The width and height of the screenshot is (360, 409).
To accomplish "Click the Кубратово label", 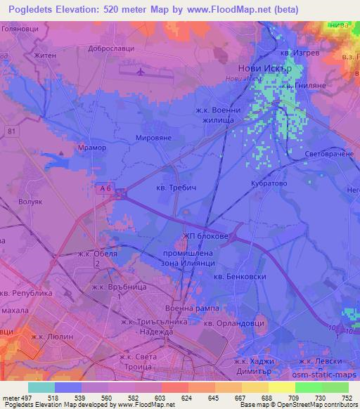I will pos(267,182).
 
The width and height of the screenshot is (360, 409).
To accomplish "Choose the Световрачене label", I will pos(331,152).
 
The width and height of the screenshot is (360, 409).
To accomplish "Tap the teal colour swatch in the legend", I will pos(41,387).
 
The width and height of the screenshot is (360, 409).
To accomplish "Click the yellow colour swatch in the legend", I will pos(281,387).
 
